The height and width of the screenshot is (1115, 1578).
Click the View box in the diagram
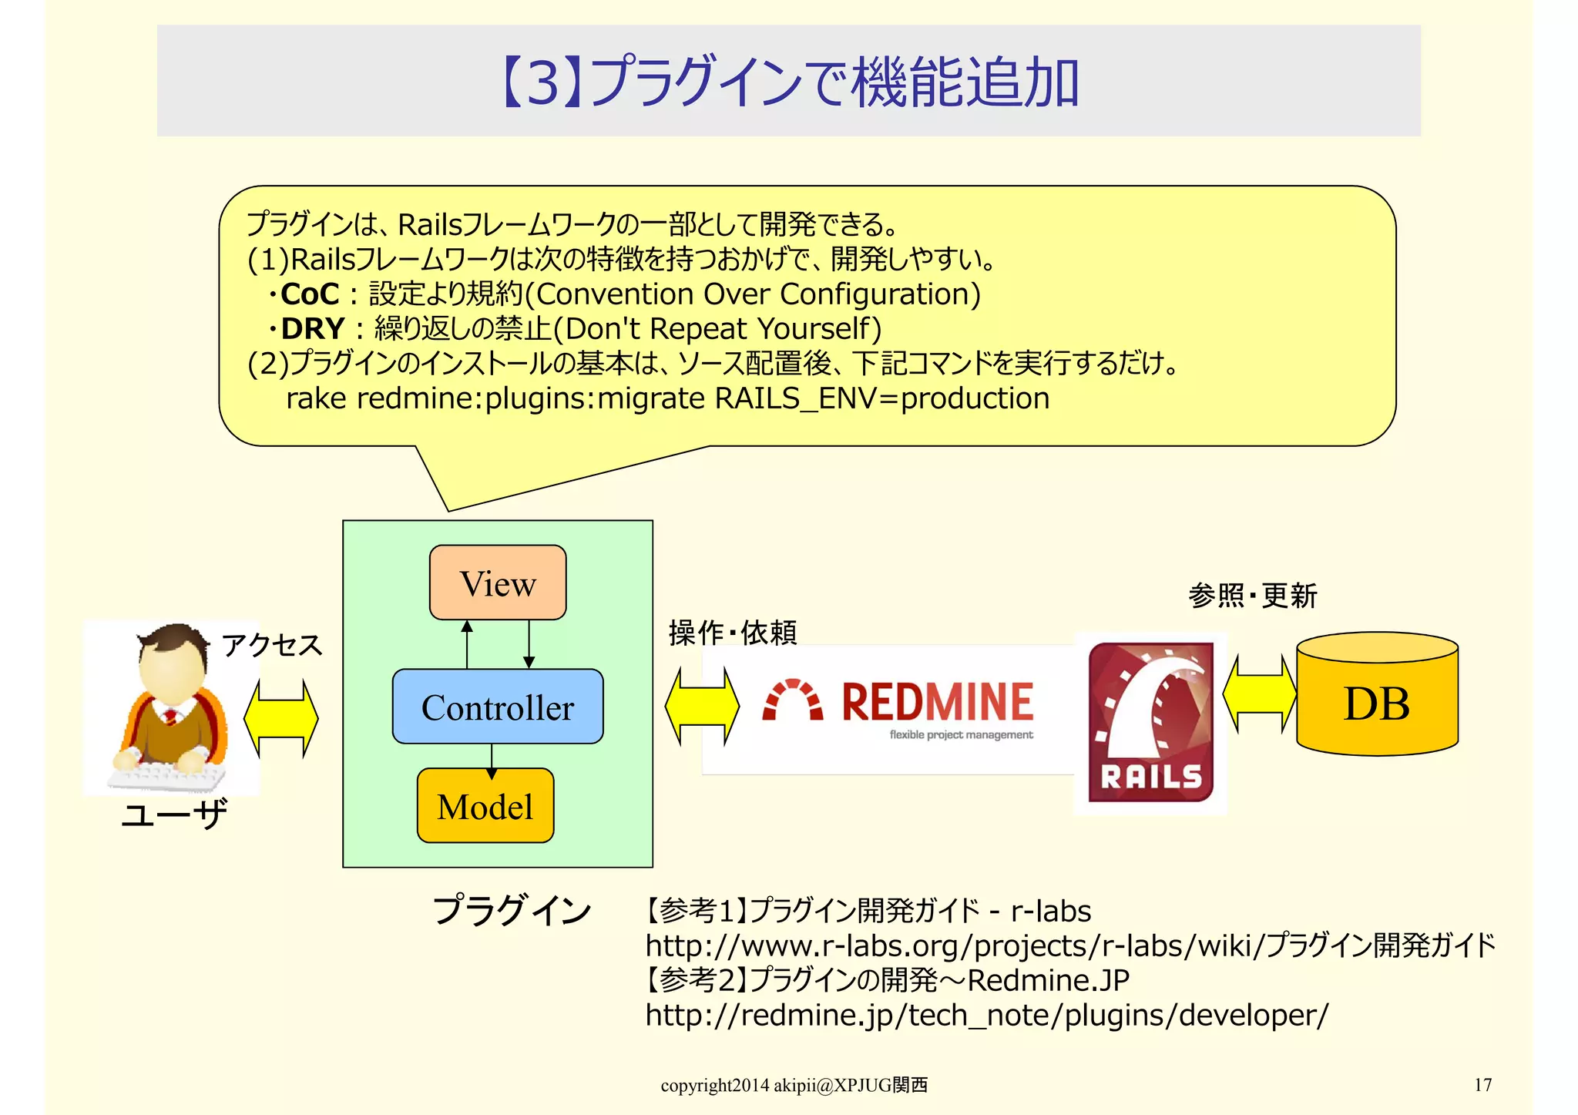coord(498,583)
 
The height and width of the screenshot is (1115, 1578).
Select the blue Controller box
coord(498,707)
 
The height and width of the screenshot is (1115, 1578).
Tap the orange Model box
coord(485,806)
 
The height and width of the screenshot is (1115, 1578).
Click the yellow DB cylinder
coord(1377,702)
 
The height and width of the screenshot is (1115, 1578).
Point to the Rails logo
coord(1150,723)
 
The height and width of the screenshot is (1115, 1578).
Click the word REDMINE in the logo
coord(937,702)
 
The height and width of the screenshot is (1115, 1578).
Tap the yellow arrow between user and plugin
coord(281,718)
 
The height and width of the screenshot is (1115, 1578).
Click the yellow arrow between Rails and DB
coord(1260,694)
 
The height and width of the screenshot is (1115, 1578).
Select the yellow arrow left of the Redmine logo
coord(702,707)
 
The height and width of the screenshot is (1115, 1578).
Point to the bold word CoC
coord(310,294)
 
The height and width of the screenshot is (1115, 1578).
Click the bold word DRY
coord(312,329)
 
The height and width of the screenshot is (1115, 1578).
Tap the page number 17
coord(1482,1085)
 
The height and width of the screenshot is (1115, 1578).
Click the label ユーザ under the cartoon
coord(175,814)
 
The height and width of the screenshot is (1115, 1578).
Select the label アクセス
coord(271,645)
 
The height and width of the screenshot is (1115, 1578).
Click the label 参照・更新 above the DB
coord(1252,596)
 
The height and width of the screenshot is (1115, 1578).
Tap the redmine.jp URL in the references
coord(986,1016)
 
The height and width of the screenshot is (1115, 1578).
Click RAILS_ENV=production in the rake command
coord(881,399)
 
